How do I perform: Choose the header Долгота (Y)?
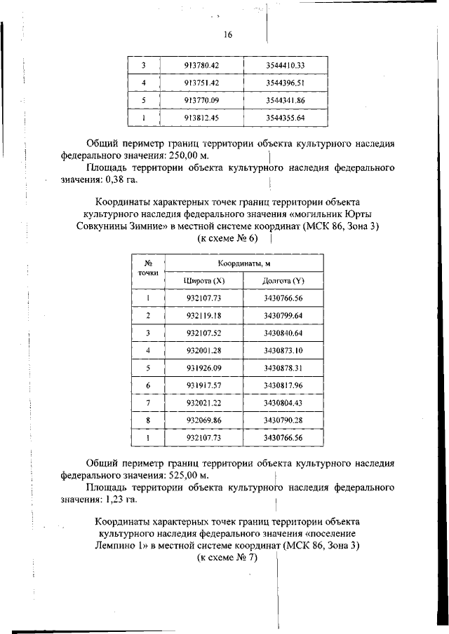click(283, 280)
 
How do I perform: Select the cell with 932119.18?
click(203, 315)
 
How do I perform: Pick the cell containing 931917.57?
click(203, 385)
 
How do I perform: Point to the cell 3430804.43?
click(283, 403)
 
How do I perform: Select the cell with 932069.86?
click(203, 420)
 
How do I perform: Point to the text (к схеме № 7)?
click(226, 558)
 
